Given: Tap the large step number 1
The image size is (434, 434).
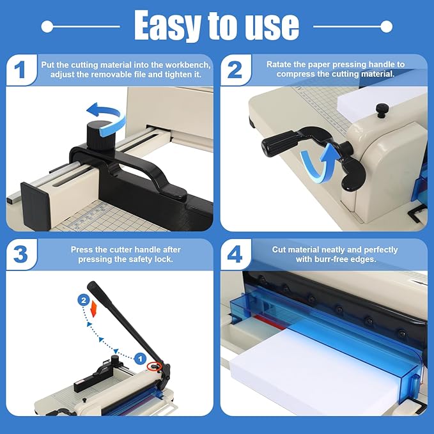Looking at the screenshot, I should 22,70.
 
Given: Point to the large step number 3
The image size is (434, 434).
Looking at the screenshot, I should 22,254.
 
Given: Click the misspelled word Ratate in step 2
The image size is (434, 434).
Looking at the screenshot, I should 281,64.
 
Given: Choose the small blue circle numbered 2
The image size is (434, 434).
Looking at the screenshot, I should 82,299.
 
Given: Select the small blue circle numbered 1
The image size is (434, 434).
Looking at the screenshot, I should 139,359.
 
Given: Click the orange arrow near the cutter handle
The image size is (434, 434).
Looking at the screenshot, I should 94,310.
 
